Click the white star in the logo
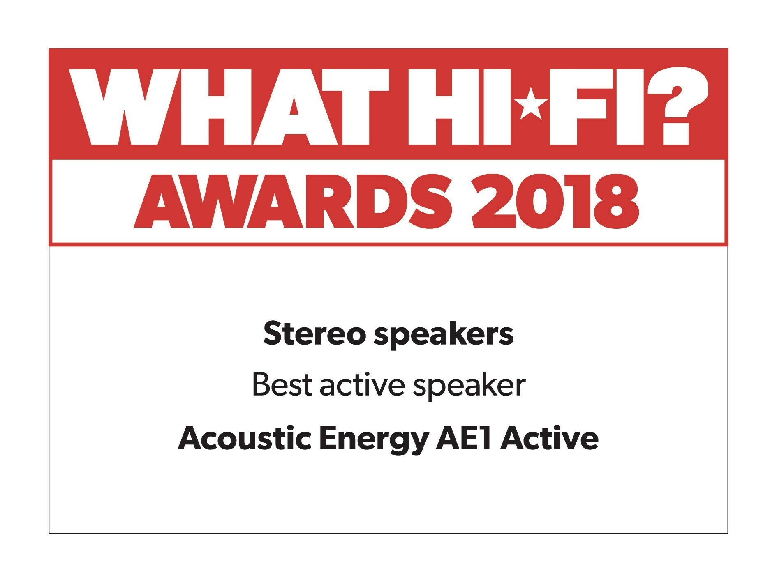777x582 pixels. coord(530,103)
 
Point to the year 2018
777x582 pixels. coord(555,201)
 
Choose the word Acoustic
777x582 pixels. coord(245,438)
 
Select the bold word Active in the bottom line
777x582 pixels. coord(549,438)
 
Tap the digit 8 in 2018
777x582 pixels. coord(616,201)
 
